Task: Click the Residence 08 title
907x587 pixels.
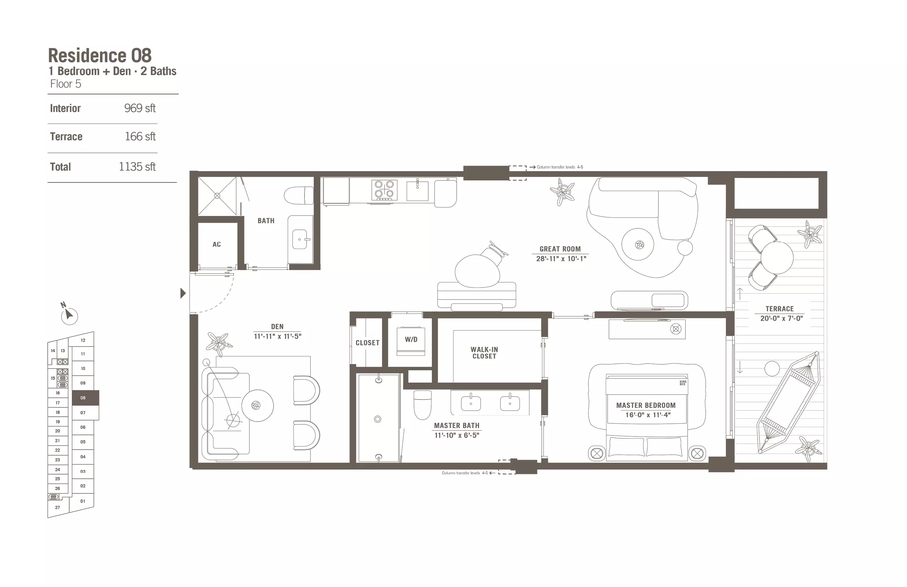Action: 100,55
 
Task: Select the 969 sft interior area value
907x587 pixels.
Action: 140,108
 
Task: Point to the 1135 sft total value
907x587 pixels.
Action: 137,166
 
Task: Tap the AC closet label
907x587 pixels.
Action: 217,244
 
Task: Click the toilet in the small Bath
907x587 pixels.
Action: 299,196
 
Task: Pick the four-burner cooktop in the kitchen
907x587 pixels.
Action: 384,190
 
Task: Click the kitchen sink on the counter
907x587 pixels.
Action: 417,190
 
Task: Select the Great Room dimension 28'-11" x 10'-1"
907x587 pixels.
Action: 561,258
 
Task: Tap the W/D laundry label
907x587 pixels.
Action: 411,339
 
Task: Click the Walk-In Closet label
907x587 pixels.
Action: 484,353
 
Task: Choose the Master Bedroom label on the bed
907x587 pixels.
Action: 646,406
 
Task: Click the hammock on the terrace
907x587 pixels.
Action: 788,402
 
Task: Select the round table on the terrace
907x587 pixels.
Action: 777,258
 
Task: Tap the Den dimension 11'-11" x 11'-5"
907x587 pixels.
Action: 277,336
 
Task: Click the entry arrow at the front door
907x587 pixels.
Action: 183,293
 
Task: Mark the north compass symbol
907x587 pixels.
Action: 69,314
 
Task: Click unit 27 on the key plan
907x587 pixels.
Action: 58,507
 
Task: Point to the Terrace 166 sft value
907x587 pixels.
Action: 140,137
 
